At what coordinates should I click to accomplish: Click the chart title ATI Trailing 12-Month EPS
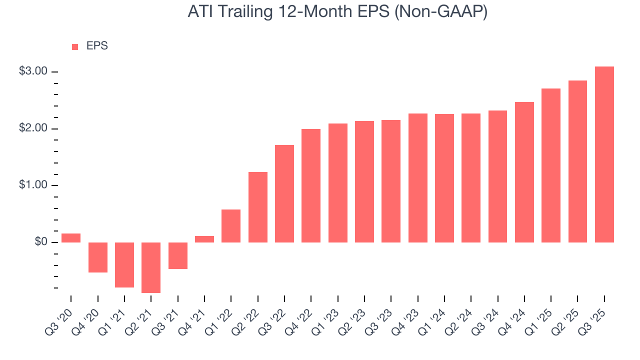tap(337, 12)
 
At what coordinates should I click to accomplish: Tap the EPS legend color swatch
tap(75, 47)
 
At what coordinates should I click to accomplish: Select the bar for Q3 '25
tap(604, 154)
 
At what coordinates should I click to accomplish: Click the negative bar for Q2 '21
tap(151, 267)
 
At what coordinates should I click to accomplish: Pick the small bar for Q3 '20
tap(71, 238)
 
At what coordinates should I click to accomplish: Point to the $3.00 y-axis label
tap(33, 71)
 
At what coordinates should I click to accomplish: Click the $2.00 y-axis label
tap(33, 128)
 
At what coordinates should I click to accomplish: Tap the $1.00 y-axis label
tap(33, 185)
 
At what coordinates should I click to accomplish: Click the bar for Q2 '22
tap(257, 207)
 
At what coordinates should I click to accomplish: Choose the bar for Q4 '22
tap(311, 185)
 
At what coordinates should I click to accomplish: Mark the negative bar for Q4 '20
tap(98, 257)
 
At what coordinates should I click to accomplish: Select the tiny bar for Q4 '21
tap(204, 239)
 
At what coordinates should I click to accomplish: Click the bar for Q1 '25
tap(551, 165)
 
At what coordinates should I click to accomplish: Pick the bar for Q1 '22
tap(231, 226)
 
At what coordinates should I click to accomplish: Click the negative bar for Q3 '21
tap(178, 255)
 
